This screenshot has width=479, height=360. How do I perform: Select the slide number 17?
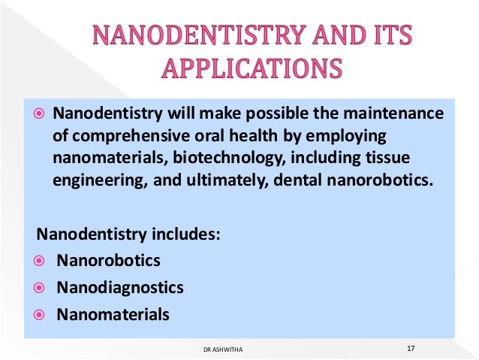point(411,348)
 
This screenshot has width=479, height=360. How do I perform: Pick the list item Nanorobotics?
point(108,261)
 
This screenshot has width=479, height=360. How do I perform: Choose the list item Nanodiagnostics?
point(120,287)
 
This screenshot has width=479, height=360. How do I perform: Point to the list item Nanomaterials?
point(113,313)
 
